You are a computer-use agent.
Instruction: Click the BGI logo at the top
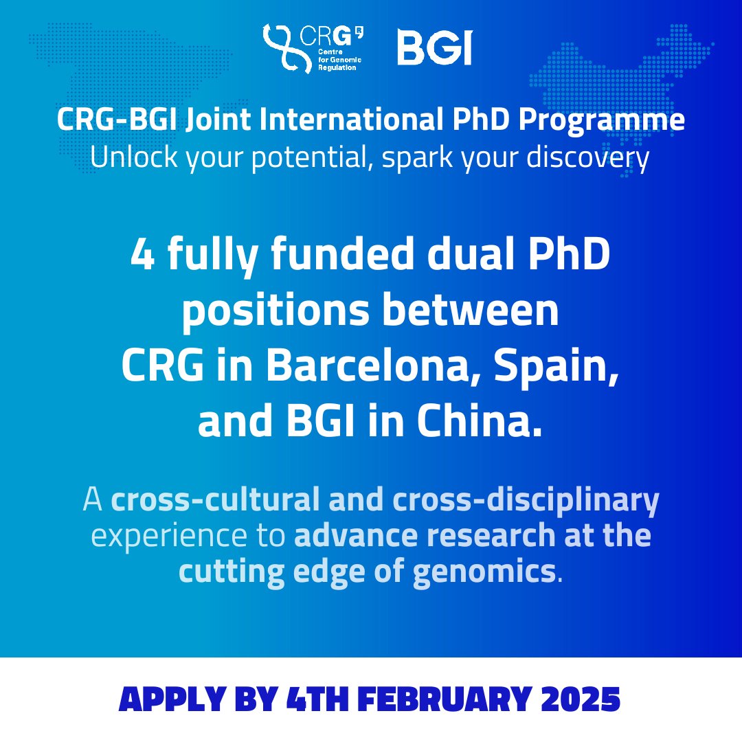click(x=434, y=47)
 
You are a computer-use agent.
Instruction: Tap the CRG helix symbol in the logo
click(x=282, y=48)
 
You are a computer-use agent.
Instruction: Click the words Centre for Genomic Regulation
click(x=339, y=60)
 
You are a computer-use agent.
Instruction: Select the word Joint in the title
click(x=218, y=119)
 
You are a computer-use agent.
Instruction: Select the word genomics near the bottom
click(x=484, y=573)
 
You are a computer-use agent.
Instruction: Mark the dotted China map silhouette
click(x=620, y=95)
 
